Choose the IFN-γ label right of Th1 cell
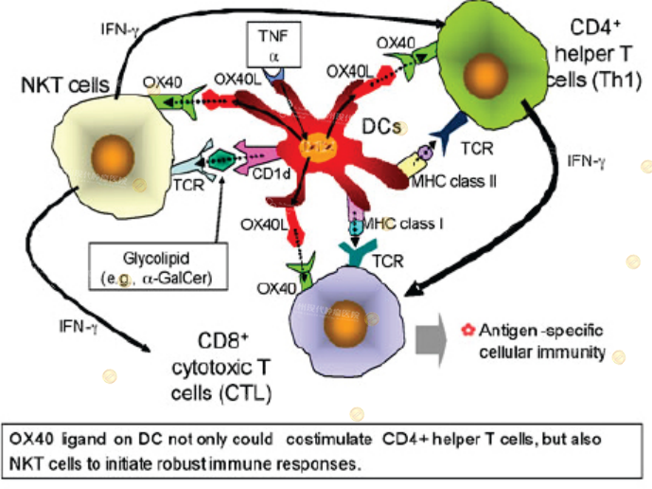click(x=584, y=161)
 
